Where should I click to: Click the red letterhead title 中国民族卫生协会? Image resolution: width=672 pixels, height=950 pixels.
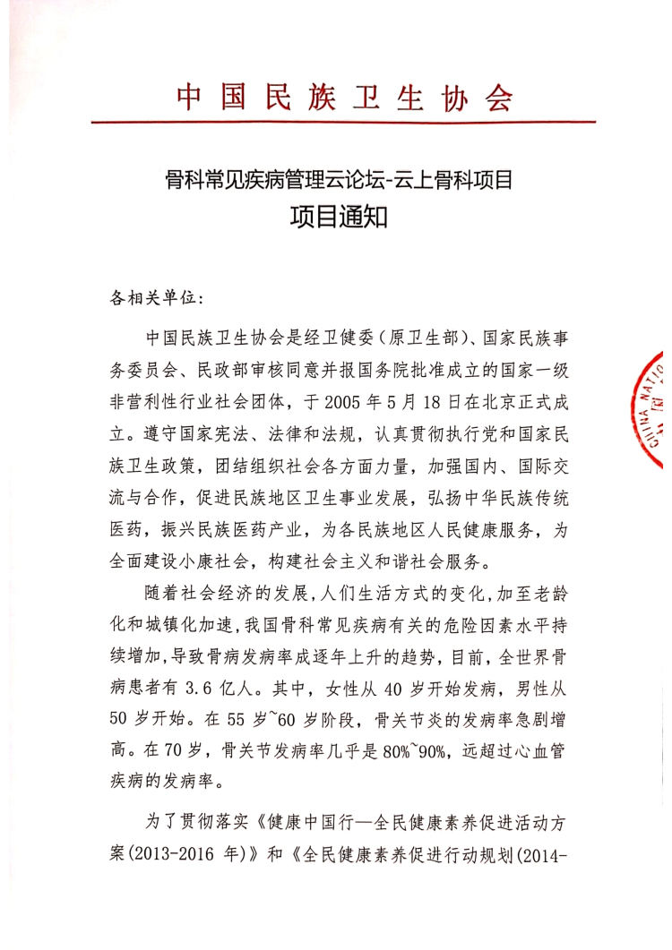pos(345,97)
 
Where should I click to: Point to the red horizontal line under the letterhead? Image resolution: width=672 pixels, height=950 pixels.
pos(345,123)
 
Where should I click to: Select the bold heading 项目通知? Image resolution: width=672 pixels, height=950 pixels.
pos(338,215)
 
